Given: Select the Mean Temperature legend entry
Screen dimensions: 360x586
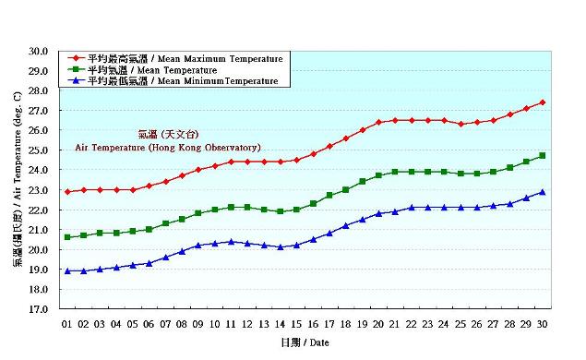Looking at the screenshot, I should click(x=153, y=70).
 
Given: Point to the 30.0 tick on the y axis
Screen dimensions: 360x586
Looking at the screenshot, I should click(x=39, y=52).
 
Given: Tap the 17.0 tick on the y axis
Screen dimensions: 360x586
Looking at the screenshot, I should click(x=39, y=310).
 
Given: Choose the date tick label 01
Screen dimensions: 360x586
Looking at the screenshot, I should click(x=66, y=325).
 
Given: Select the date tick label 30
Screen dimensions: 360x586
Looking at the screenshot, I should click(x=543, y=325).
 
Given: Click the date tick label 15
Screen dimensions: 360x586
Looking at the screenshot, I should click(x=296, y=325).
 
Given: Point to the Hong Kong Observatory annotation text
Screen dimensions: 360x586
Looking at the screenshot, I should click(x=168, y=147).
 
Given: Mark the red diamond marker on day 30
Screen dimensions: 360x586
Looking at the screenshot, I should click(x=543, y=102).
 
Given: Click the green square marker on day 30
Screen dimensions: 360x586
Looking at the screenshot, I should click(x=543, y=156).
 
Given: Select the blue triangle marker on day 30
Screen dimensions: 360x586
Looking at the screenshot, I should click(x=543, y=192).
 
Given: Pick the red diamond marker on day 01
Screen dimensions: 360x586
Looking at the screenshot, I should click(x=66, y=192).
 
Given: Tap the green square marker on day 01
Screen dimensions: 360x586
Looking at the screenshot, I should click(x=66, y=237).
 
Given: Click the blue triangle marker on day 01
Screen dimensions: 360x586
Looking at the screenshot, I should click(x=66, y=271).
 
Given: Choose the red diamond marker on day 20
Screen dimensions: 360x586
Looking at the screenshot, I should click(x=378, y=122).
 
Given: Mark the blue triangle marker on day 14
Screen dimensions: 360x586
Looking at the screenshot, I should click(x=280, y=247).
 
